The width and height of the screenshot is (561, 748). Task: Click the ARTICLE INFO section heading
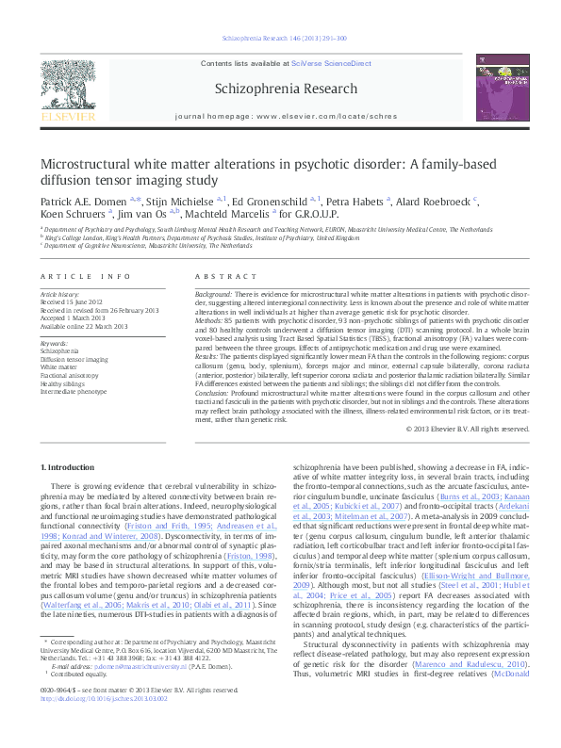[85, 276]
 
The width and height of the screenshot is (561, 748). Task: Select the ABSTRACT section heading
[223, 276]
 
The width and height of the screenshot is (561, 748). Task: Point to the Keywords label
[55, 343]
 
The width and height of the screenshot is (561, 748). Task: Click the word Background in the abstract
[213, 295]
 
